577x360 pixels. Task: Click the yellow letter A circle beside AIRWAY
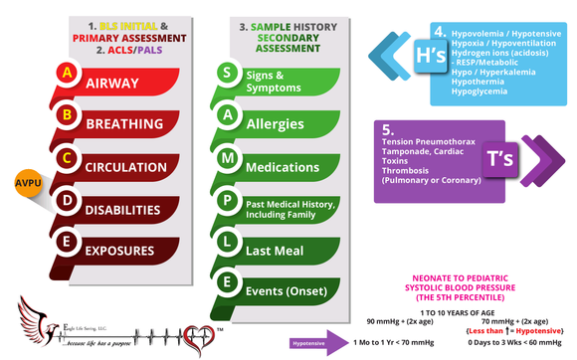click(67, 74)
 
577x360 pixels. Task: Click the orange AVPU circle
click(27, 184)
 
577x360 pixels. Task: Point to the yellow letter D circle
click(67, 200)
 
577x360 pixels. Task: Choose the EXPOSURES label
click(126, 251)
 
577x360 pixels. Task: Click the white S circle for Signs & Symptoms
click(227, 72)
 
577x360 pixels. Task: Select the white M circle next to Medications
click(227, 157)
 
